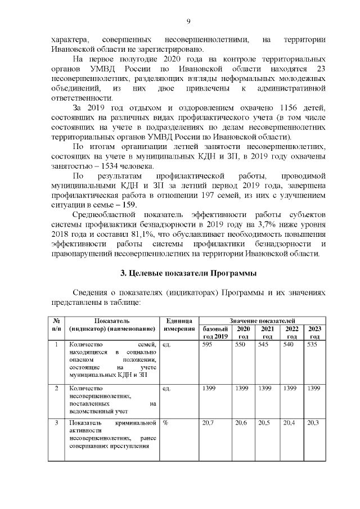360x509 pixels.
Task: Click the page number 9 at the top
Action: pyautogui.click(x=188, y=21)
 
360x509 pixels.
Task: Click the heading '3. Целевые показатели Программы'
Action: pyautogui.click(x=188, y=273)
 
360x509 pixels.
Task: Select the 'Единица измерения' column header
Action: pyautogui.click(x=179, y=324)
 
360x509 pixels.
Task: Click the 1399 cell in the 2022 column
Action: pyautogui.click(x=290, y=388)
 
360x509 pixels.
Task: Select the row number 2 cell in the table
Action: pyautogui.click(x=56, y=388)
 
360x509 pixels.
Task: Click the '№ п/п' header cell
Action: pyautogui.click(x=56, y=324)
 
